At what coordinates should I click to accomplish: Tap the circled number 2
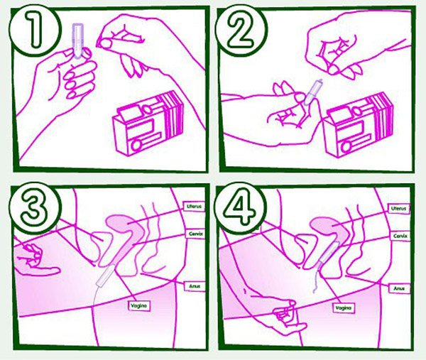(x=241, y=31)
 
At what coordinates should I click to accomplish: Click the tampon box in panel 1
(x=148, y=124)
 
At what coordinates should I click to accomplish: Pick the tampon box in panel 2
(x=359, y=125)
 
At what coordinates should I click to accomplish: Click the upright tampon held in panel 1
(x=77, y=40)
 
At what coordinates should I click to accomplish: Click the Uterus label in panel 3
(x=195, y=207)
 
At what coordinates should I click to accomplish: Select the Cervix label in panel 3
(x=195, y=234)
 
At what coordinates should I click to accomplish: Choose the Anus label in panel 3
(x=195, y=286)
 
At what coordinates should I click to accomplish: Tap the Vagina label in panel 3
(x=139, y=305)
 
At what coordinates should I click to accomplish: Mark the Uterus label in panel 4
(x=399, y=209)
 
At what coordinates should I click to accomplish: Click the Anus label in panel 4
(x=399, y=288)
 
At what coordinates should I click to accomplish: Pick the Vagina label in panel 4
(x=344, y=308)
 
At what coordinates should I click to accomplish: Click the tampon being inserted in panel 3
(x=106, y=276)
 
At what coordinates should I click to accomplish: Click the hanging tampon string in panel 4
(x=317, y=280)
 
